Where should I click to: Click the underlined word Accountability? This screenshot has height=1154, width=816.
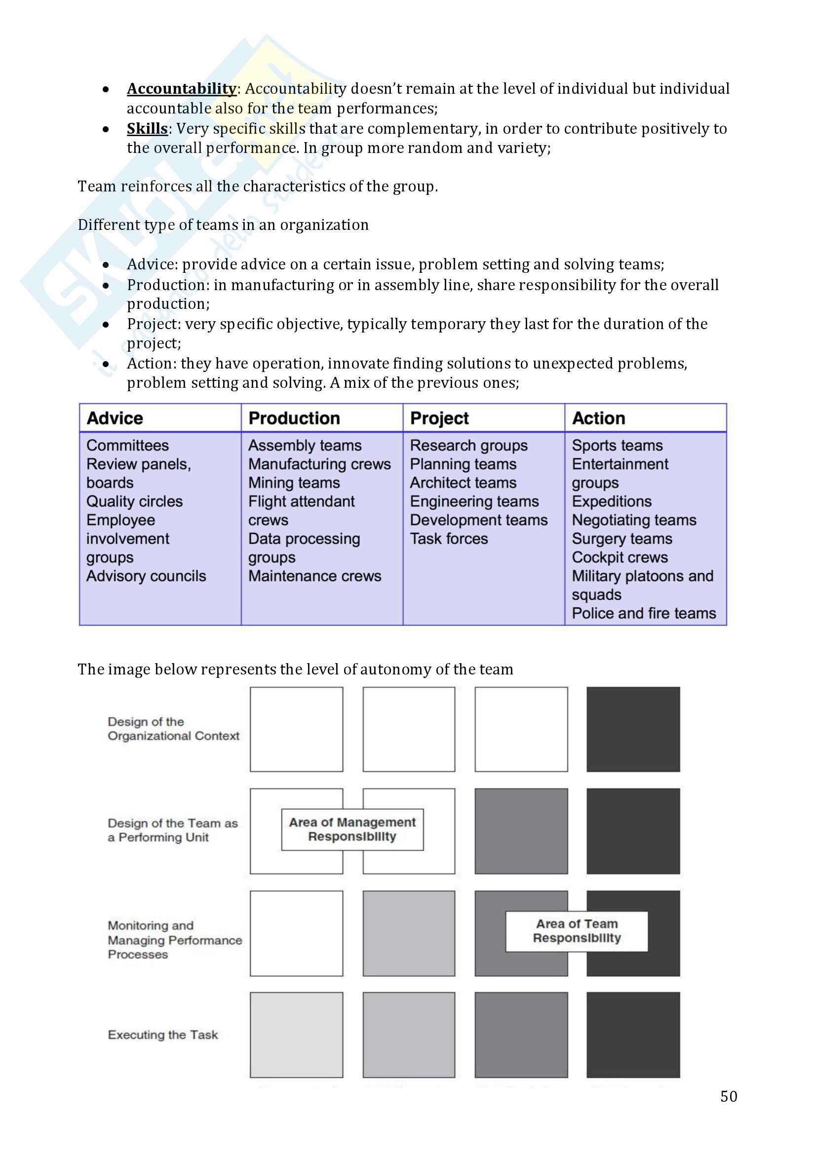click(x=181, y=89)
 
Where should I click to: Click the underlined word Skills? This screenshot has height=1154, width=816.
click(x=147, y=129)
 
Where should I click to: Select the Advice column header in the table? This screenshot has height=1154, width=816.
click(x=115, y=418)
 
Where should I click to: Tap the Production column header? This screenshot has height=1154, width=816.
click(x=294, y=418)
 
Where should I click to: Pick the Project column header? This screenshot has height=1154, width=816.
click(x=439, y=418)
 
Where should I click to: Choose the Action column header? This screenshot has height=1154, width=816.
click(x=598, y=418)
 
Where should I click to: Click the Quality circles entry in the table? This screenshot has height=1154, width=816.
click(x=134, y=501)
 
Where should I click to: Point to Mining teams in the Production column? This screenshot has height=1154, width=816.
click(x=294, y=483)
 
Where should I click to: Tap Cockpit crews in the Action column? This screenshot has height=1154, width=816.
click(x=620, y=558)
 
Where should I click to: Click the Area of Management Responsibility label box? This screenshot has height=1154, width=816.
click(x=352, y=829)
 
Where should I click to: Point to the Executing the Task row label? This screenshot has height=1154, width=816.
click(x=163, y=1035)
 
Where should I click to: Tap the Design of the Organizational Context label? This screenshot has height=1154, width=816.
click(x=173, y=729)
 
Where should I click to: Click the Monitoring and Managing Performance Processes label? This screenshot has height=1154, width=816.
click(x=174, y=940)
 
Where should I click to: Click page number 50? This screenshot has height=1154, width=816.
click(x=729, y=1096)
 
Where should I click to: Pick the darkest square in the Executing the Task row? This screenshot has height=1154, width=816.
click(x=633, y=1035)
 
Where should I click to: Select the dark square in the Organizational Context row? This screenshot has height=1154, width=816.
click(x=633, y=729)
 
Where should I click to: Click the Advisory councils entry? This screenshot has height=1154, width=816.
click(x=146, y=576)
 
